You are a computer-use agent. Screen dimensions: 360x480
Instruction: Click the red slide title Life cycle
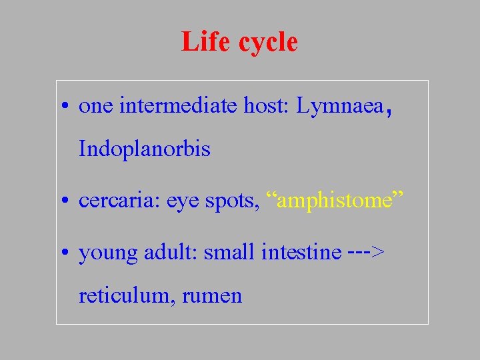[239, 42]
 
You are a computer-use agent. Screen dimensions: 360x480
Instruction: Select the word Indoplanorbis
[144, 149]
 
